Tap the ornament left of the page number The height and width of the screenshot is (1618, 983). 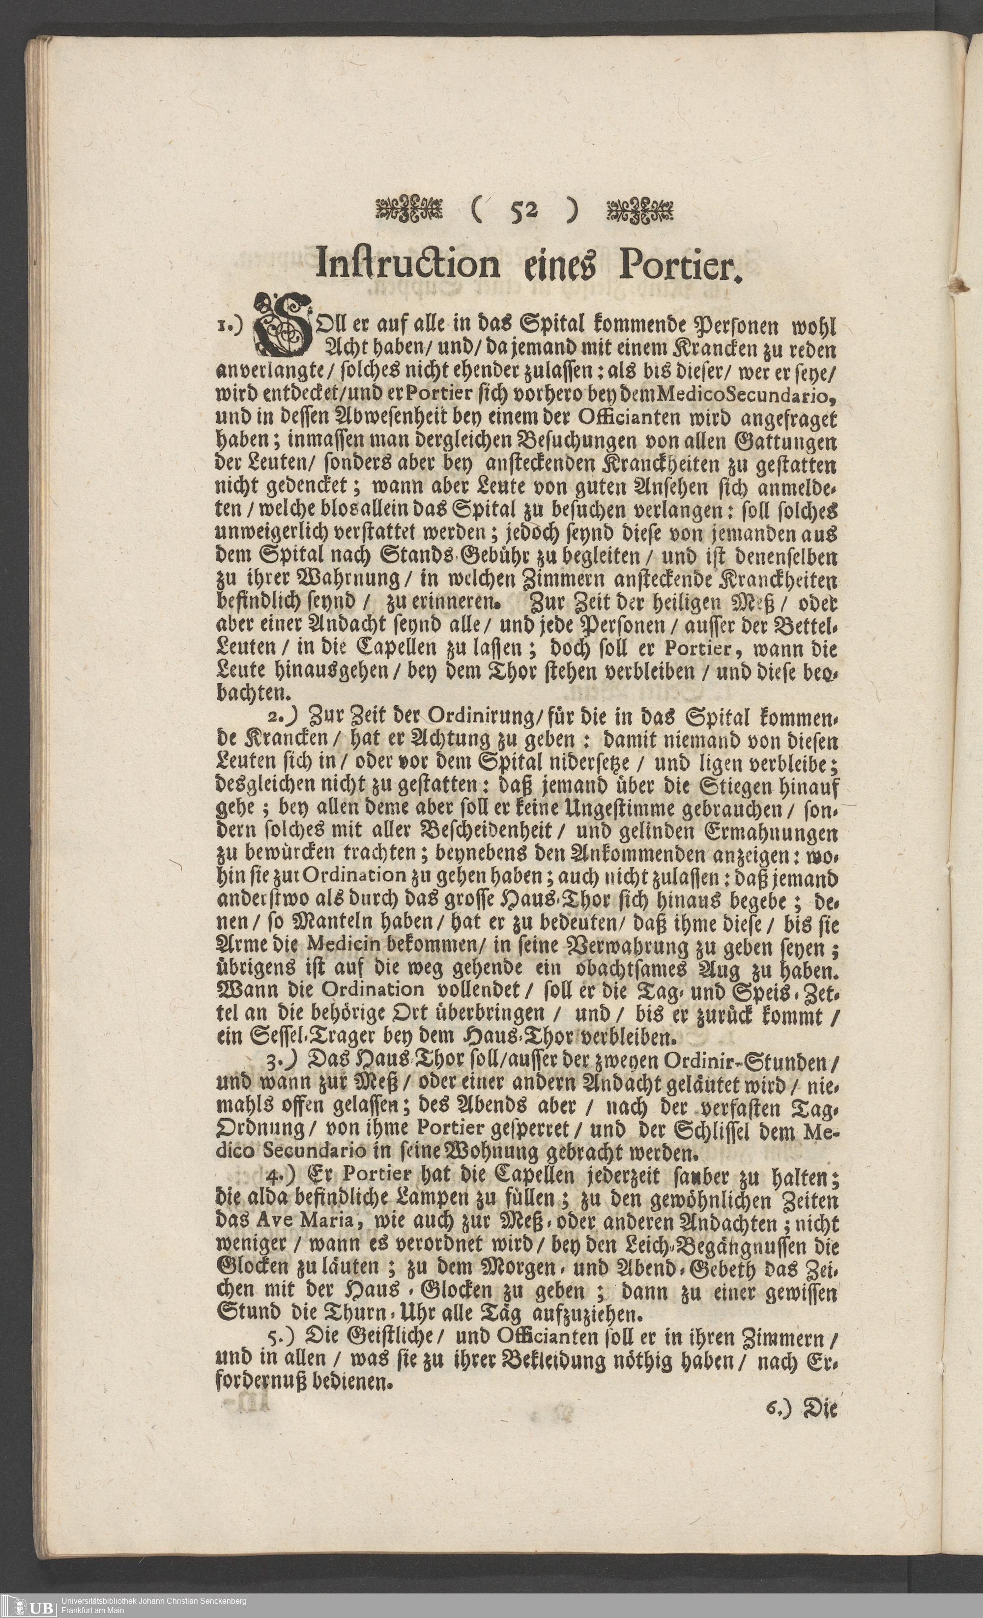(408, 211)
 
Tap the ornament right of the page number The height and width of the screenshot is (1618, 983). (640, 211)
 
